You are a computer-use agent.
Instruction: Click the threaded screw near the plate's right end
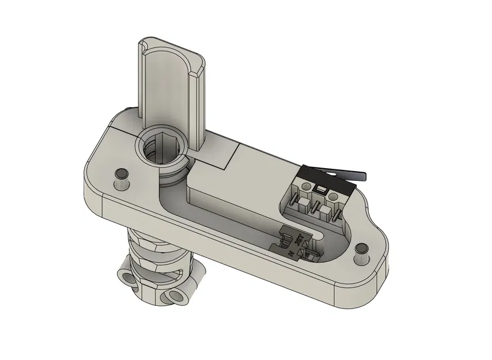click(362, 252)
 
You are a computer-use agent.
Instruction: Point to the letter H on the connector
click(291, 253)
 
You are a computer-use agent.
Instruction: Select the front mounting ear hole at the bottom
click(176, 296)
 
